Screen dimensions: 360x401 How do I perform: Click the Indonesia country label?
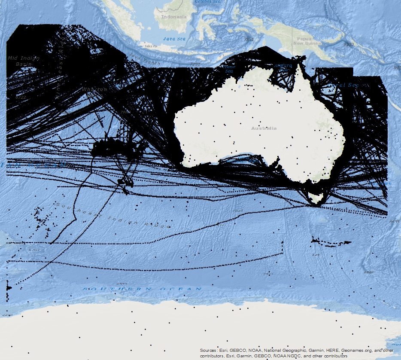coord(174,17)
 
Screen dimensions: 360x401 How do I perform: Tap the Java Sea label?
coord(174,39)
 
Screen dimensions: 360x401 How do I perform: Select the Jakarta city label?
coord(151,46)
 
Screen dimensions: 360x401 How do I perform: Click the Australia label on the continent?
coord(264,128)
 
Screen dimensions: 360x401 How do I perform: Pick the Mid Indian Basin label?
coord(24,61)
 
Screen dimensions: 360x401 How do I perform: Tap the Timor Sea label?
coord(230,69)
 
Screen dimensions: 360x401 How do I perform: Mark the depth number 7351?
coord(249,39)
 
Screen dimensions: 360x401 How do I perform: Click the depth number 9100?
coord(349,44)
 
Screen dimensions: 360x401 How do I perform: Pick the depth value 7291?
coord(195,64)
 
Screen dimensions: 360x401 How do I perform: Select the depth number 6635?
coord(394,222)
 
